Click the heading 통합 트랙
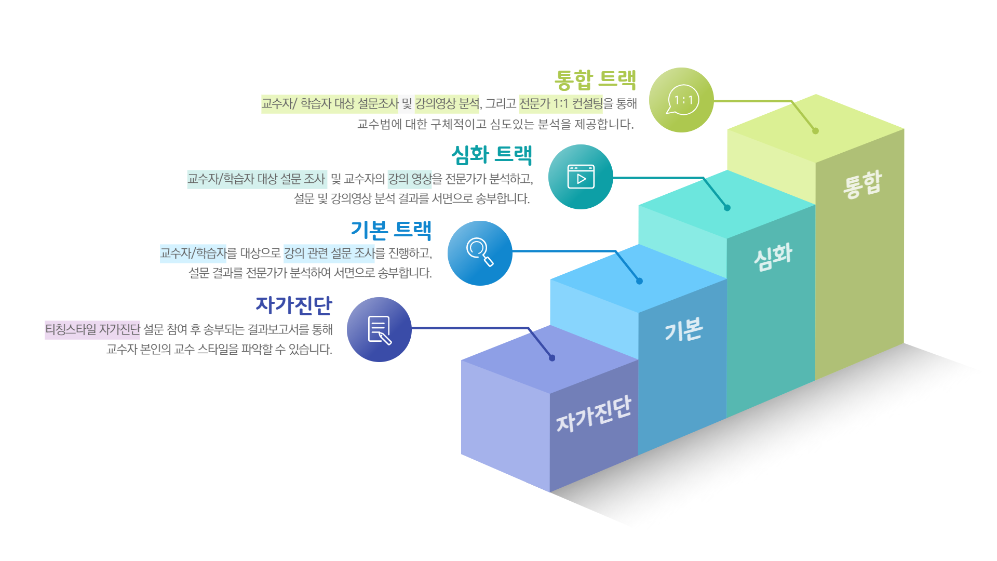tap(596, 79)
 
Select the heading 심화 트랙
tap(492, 154)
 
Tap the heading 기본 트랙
tap(391, 230)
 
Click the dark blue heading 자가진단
tap(294, 305)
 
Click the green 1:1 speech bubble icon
tap(682, 100)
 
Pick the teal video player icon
tap(581, 177)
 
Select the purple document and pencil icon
tap(380, 330)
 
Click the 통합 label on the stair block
tap(863, 184)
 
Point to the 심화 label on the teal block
tap(773, 257)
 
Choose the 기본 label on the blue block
tap(684, 329)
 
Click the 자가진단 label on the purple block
tap(594, 414)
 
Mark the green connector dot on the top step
tap(815, 131)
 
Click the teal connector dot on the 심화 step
tap(727, 208)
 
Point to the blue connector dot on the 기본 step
tap(639, 281)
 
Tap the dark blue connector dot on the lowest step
tap(552, 358)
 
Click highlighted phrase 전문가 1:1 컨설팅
tap(561, 104)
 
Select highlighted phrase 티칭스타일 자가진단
tap(92, 330)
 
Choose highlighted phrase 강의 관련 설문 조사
tap(329, 253)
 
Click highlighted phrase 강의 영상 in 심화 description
tap(410, 179)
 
